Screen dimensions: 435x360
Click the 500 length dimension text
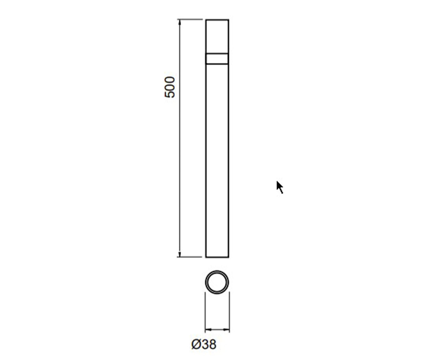coord(170,87)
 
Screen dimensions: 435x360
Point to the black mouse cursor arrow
coord(280,187)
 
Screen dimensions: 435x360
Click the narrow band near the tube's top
coord(217,58)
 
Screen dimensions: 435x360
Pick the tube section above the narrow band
coord(217,36)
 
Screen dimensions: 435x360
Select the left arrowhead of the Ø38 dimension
coord(208,330)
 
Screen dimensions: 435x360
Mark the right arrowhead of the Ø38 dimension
coord(226,330)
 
